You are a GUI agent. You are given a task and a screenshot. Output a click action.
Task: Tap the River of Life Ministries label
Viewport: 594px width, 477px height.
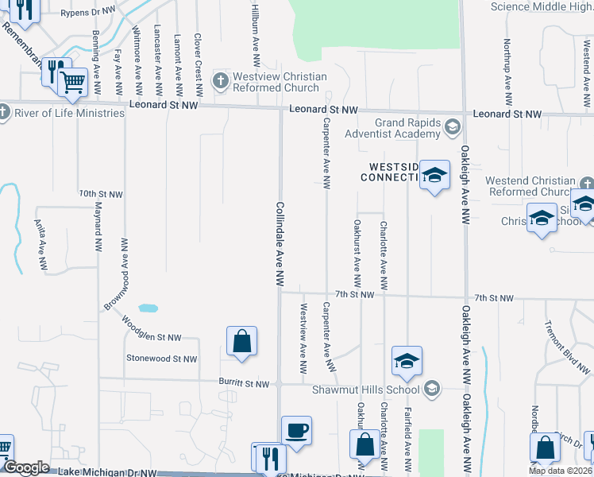[x=70, y=113]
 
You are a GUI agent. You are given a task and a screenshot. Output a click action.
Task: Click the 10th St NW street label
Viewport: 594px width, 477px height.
[x=101, y=194]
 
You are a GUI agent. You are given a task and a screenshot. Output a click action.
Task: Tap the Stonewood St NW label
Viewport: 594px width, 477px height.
[x=161, y=359]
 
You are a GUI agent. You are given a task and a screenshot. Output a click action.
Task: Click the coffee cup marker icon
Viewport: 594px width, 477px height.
[x=297, y=430]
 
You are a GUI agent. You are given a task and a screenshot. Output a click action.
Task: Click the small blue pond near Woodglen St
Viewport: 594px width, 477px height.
[x=147, y=308]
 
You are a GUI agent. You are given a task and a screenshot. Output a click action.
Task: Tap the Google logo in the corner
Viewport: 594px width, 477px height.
[x=26, y=468]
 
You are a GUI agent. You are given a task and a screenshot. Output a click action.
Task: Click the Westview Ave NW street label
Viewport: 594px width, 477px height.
[x=303, y=338]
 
